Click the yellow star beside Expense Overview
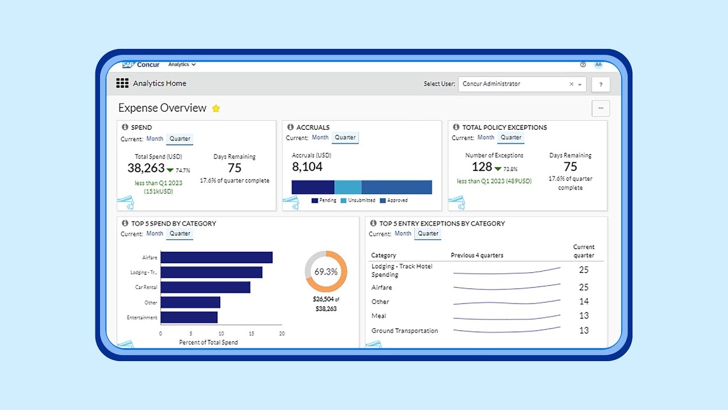tap(216, 108)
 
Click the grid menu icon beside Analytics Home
tap(122, 83)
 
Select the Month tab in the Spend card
tap(155, 138)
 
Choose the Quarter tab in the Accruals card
tap(345, 138)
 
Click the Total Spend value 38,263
tap(146, 168)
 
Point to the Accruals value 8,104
tap(307, 167)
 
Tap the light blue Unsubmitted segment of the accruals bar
tap(348, 187)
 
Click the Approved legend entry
tap(394, 200)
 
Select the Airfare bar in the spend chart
tap(216, 257)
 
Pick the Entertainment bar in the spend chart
tap(189, 317)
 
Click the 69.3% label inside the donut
tap(326, 272)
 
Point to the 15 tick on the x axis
tap(251, 333)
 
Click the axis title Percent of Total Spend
tap(208, 342)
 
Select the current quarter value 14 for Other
tap(584, 302)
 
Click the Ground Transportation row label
tap(404, 331)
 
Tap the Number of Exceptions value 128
tap(482, 167)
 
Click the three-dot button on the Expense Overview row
tap(601, 108)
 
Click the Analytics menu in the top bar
tap(181, 64)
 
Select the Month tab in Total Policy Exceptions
tap(486, 138)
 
